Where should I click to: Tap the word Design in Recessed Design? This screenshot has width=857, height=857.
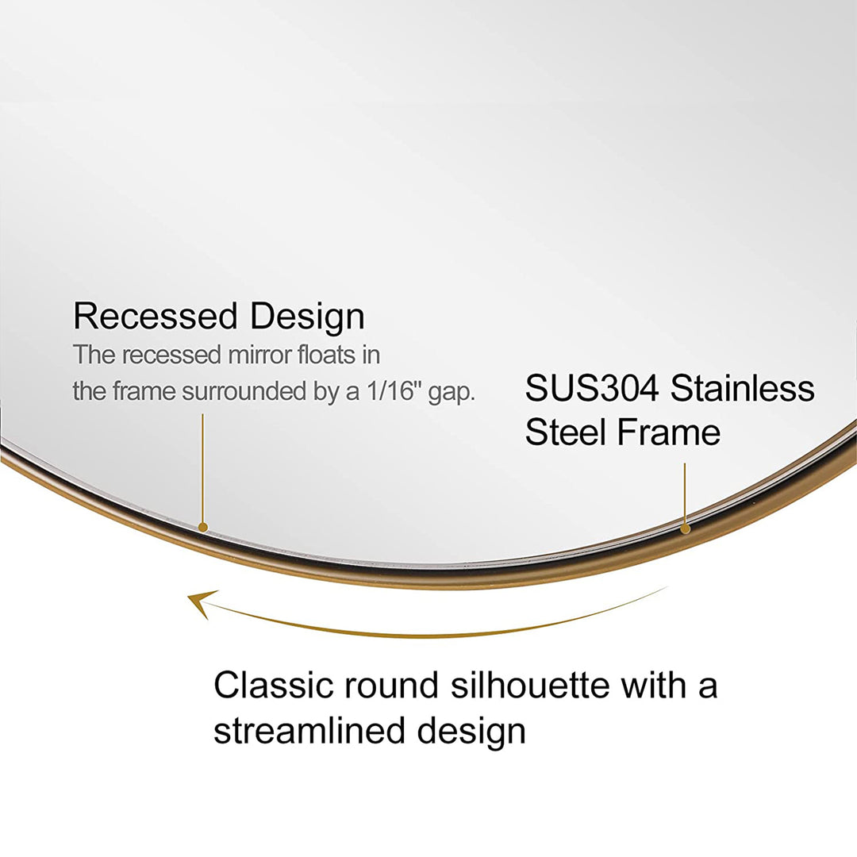pyautogui.click(x=307, y=317)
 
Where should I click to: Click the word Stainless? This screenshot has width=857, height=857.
pyautogui.click(x=743, y=389)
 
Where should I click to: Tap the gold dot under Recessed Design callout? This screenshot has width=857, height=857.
pyautogui.click(x=203, y=527)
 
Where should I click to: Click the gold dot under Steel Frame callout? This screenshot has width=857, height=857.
pyautogui.click(x=686, y=528)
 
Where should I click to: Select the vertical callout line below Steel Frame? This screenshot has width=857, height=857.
pyautogui.click(x=685, y=492)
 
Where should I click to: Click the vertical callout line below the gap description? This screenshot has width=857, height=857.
pyautogui.click(x=202, y=468)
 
